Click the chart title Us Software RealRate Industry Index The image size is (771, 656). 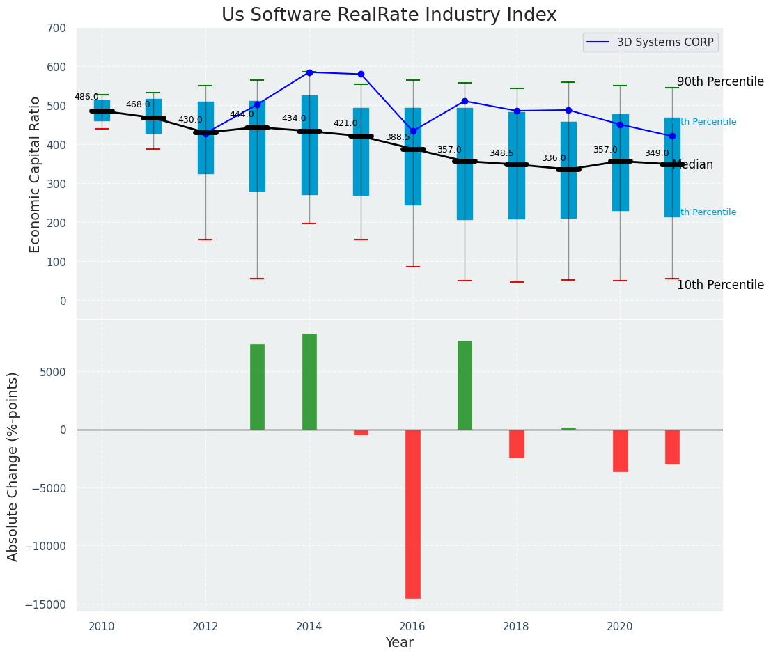pos(389,15)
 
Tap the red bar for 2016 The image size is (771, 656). pos(413,514)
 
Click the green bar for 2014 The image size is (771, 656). pos(309,382)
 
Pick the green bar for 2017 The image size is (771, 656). pos(465,385)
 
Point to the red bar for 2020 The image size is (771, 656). pos(620,451)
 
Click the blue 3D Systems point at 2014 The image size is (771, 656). pos(309,72)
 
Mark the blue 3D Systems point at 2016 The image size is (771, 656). pos(413,131)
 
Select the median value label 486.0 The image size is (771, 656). pos(86,97)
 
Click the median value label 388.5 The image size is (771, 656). pos(398,138)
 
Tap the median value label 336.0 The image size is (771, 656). pos(554,159)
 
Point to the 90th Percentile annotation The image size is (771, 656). pos(720,82)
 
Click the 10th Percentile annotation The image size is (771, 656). pos(720,286)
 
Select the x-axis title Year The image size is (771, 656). pos(399,643)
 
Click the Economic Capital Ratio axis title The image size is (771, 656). pos(36,174)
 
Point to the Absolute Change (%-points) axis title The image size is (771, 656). pos(13,466)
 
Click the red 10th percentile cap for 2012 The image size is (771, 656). pos(205,240)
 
